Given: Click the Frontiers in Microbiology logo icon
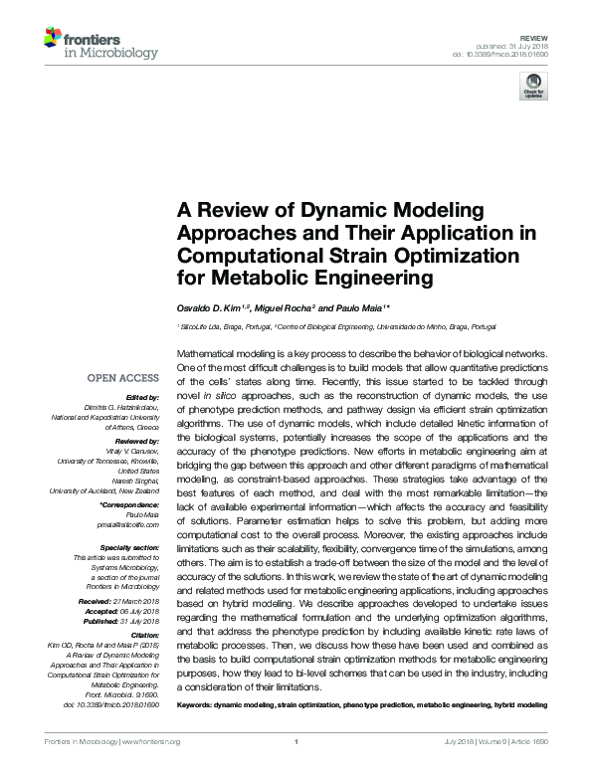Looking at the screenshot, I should (x=53, y=39).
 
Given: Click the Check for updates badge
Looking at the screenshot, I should (x=533, y=87).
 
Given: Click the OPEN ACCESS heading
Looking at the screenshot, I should (x=123, y=379).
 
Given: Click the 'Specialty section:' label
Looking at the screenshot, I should (x=129, y=546).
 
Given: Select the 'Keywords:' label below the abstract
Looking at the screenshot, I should (x=202, y=705).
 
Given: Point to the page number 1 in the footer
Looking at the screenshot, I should (x=296, y=741).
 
